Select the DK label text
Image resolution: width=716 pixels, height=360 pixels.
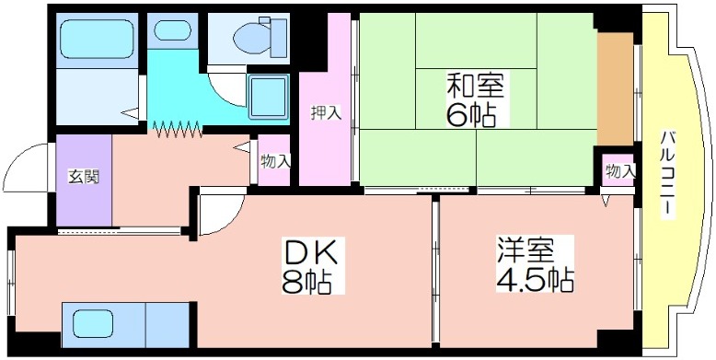[312, 251]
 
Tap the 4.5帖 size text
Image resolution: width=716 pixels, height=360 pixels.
[535, 279]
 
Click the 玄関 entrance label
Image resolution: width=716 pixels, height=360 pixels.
[84, 177]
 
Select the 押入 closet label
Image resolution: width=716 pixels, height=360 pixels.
[326, 112]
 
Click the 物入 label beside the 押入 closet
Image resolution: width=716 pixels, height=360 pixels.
[275, 161]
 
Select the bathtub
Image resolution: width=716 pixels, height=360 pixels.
[97, 39]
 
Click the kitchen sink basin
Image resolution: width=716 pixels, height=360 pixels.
[93, 323]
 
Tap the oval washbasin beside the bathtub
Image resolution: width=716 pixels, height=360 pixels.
[172, 29]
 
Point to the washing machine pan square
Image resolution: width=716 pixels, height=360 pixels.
[268, 97]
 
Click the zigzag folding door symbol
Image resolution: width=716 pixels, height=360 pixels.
[178, 128]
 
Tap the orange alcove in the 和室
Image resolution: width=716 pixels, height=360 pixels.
[615, 89]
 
